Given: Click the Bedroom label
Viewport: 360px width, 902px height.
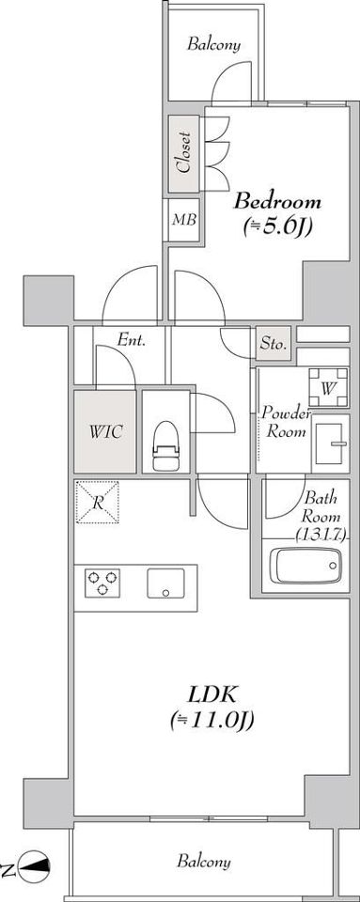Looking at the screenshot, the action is (277, 203).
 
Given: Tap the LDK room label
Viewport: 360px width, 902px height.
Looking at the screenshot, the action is (212, 695).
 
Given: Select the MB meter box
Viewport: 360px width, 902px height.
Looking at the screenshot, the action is (184, 220).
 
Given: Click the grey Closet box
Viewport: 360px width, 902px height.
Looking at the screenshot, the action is (183, 154).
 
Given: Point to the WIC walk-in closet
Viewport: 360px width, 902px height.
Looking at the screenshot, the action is (105, 431).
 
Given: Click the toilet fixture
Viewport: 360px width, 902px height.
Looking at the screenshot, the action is (165, 445).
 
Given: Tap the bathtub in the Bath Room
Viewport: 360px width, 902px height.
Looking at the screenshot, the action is (305, 565).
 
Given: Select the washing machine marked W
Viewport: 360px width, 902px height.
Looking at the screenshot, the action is (328, 388).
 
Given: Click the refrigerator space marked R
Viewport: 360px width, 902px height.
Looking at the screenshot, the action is (98, 502).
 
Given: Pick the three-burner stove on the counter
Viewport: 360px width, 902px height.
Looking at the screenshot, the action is (102, 583).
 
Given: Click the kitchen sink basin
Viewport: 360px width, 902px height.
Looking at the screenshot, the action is (165, 583).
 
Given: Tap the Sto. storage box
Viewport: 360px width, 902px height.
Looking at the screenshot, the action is (274, 344).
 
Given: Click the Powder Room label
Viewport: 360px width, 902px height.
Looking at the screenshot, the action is (286, 422).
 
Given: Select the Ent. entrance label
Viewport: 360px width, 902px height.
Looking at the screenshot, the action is (131, 340).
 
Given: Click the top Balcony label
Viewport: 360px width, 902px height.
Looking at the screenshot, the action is (213, 44).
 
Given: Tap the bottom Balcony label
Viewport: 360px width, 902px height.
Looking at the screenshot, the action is (204, 862).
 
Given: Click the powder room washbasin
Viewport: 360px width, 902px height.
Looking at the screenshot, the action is (330, 443).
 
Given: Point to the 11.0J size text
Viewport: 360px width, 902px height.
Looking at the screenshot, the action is (212, 721).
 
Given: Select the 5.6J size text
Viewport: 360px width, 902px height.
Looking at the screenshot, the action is (277, 227).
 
